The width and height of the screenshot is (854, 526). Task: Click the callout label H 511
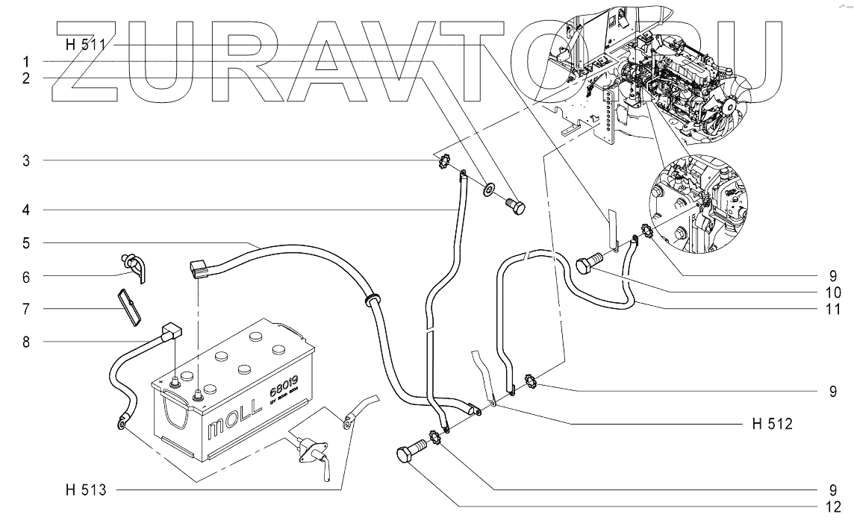tap(84, 44)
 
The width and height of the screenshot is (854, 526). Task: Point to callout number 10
tap(833, 291)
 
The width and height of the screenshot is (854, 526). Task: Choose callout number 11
tap(833, 308)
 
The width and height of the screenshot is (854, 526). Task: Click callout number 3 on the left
tap(25, 160)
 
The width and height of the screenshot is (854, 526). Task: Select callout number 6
tap(25, 276)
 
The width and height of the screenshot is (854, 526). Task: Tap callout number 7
tap(25, 308)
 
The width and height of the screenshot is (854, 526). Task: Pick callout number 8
tap(25, 342)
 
